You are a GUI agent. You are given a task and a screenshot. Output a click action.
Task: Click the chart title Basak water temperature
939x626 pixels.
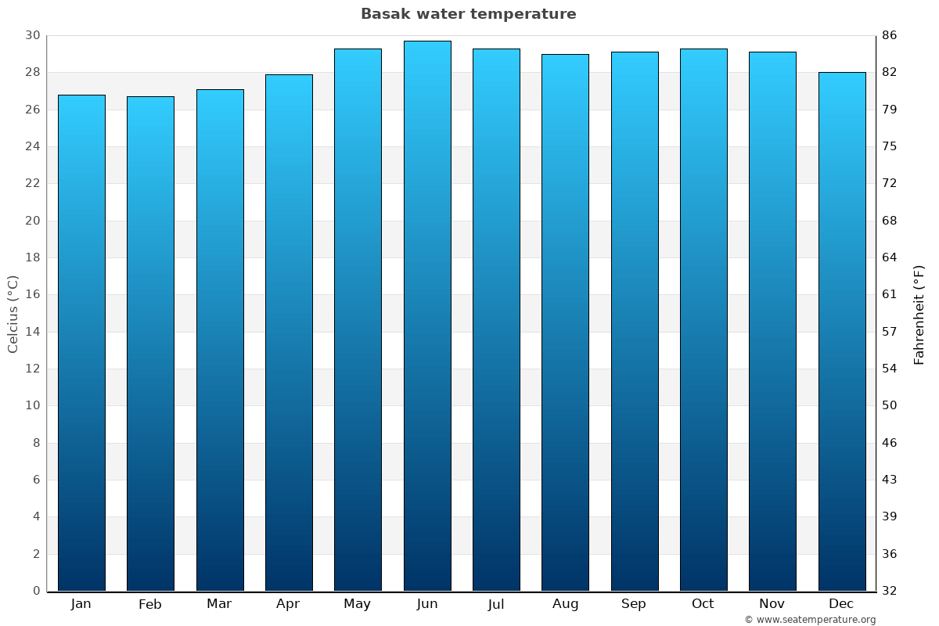click(468, 14)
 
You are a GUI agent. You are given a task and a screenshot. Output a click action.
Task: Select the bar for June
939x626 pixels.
click(427, 315)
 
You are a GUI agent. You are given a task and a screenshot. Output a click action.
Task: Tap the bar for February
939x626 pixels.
click(150, 344)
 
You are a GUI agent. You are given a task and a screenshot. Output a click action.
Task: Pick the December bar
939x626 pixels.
click(842, 331)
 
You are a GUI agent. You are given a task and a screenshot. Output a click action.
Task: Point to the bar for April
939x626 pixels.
click(289, 333)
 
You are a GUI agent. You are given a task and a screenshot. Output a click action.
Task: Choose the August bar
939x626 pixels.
click(565, 322)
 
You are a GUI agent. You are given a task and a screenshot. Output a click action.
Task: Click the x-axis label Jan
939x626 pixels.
click(81, 604)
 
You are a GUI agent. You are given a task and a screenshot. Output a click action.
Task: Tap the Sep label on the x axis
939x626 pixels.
click(634, 604)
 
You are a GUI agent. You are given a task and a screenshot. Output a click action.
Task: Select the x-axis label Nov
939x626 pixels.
click(772, 604)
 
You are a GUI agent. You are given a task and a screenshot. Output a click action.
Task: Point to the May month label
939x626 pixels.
click(358, 604)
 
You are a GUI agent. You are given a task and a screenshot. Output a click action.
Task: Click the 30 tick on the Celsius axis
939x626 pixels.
click(32, 36)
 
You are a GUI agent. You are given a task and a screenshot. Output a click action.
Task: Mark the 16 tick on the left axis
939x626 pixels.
click(32, 295)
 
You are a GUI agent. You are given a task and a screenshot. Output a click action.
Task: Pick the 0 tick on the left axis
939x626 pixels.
click(36, 591)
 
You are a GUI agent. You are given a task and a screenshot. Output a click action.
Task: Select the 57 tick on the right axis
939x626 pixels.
click(889, 332)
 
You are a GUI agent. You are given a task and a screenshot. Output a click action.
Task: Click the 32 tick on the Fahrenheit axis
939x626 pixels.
click(889, 591)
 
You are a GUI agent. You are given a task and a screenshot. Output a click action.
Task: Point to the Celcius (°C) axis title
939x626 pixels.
click(13, 314)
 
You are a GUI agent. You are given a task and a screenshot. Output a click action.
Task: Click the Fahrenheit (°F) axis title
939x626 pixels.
click(919, 314)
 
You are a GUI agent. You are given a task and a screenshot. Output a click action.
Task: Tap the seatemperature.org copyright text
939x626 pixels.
click(810, 620)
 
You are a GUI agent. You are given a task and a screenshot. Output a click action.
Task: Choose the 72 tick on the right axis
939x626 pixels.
click(889, 184)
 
